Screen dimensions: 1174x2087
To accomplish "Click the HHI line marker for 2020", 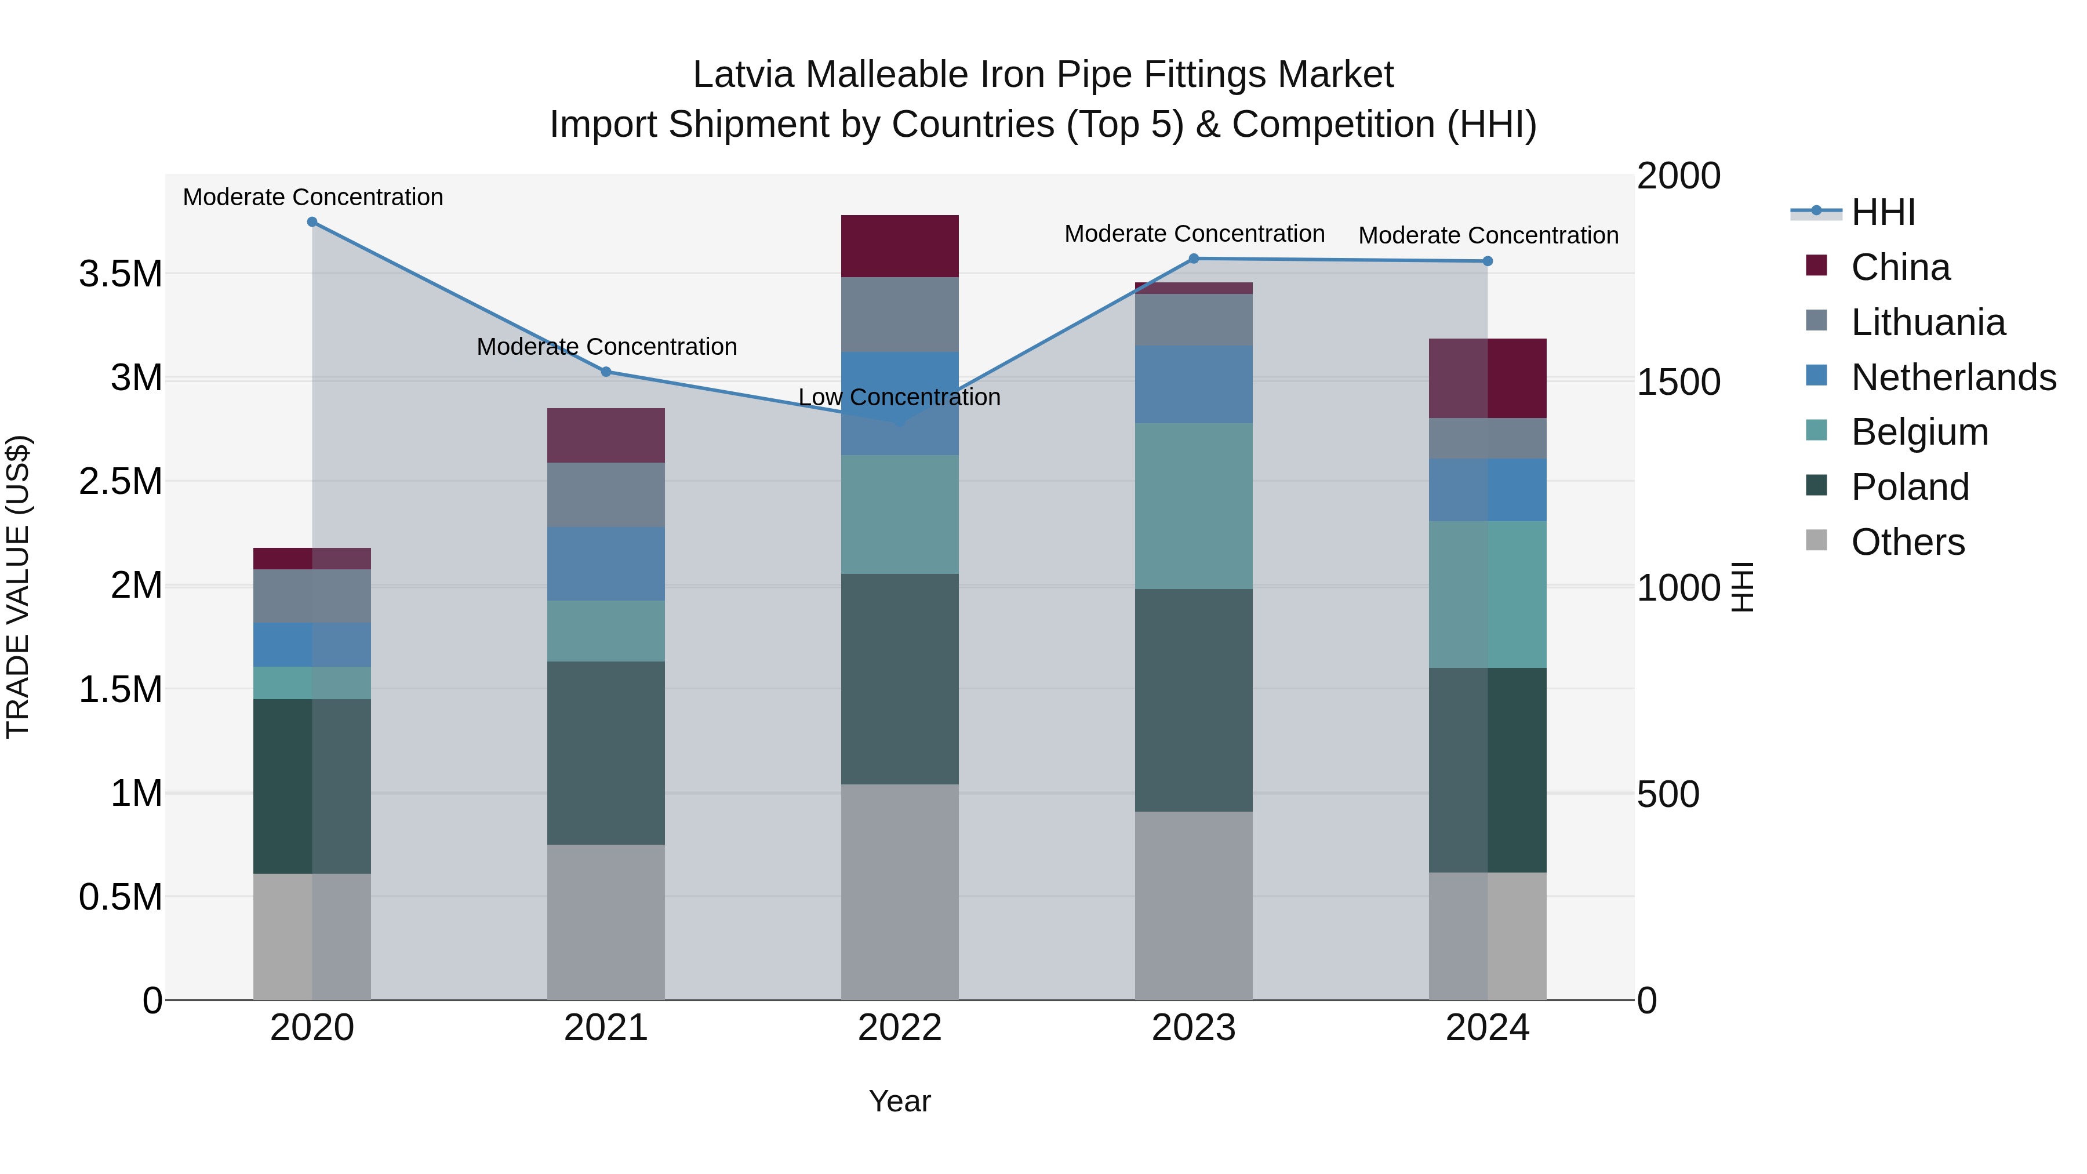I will (x=312, y=221).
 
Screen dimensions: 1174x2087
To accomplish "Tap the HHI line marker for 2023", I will (x=1194, y=259).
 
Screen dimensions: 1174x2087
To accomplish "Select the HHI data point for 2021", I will (x=606, y=372).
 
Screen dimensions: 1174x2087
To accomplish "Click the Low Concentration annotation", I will (x=899, y=398).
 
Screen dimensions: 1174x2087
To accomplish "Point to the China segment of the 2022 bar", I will (x=899, y=246).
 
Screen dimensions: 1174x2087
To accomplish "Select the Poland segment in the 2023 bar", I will (x=1194, y=700).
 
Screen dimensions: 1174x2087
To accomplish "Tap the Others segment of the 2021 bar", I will (x=606, y=922).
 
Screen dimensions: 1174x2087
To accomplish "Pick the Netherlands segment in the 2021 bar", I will (x=606, y=564).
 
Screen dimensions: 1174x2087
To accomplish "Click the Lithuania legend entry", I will (x=1928, y=322).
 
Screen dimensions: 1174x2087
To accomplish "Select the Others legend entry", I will (x=1907, y=541).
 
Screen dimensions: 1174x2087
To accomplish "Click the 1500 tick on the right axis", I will (x=1679, y=381).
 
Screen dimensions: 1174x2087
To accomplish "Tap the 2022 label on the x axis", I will (x=899, y=1028).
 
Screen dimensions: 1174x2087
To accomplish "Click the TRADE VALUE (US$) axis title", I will (x=19, y=587).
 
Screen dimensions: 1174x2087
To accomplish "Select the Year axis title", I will (x=899, y=1101).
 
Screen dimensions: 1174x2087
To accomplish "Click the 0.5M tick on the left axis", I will (x=121, y=897).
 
